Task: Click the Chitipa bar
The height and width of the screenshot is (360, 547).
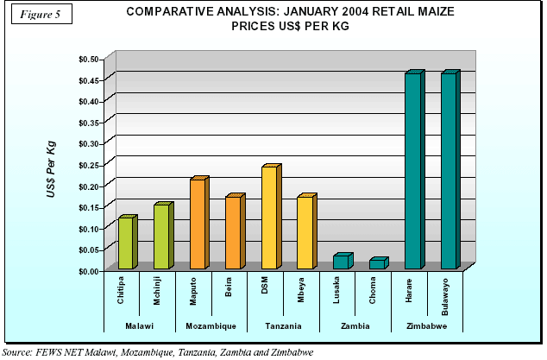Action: tap(126, 243)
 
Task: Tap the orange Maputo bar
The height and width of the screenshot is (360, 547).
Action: tap(198, 224)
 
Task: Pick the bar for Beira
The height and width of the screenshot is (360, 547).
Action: tap(233, 233)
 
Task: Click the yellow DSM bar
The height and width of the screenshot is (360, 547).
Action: tap(269, 218)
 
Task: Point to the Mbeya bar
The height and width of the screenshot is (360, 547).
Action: tap(305, 233)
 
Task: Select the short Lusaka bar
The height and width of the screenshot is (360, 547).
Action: tap(341, 262)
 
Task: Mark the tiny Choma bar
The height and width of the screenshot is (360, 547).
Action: tap(377, 263)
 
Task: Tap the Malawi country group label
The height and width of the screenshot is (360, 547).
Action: tap(140, 325)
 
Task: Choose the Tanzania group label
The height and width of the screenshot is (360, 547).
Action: tap(284, 325)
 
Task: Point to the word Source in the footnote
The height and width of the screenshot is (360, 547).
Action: tap(17, 352)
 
